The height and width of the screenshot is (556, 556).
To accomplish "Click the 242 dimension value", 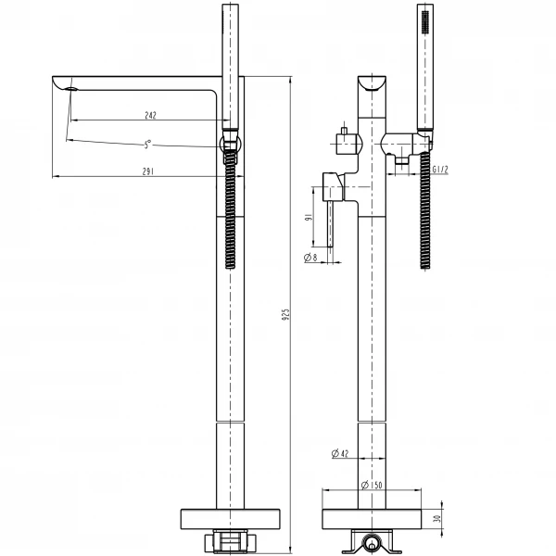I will click(x=150, y=115).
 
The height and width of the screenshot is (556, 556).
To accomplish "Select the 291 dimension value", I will click(x=148, y=171).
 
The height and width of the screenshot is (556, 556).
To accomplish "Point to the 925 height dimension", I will click(x=285, y=314).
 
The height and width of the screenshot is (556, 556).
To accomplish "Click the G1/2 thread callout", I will click(x=441, y=168).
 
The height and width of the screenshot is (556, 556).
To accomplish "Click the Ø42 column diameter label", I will click(x=339, y=453).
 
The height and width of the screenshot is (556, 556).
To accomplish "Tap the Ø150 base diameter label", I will click(x=373, y=485).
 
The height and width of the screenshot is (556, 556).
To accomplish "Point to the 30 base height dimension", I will click(x=449, y=520).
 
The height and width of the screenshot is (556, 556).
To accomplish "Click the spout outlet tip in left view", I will click(x=69, y=87).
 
